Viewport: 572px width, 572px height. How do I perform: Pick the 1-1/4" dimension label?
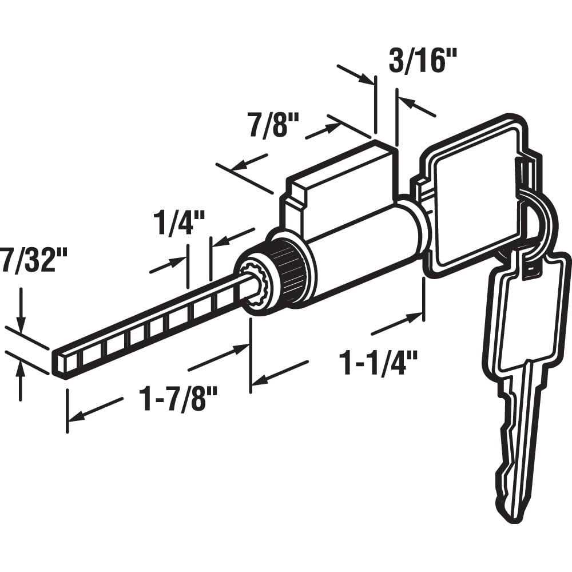pyautogui.click(x=378, y=363)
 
